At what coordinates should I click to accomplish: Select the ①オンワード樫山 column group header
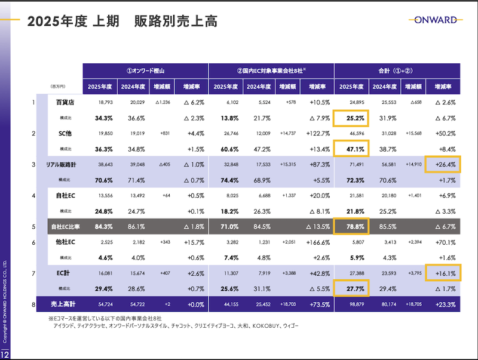pos(145,70)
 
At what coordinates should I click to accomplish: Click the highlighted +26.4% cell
pos(443,164)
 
